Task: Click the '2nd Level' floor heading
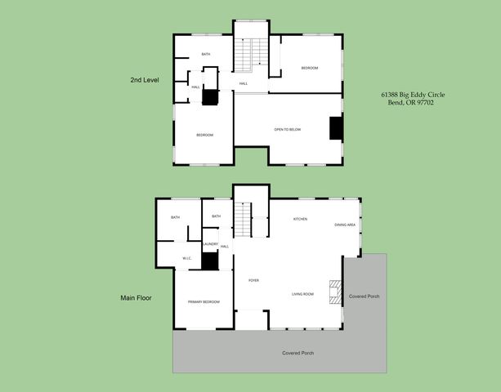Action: (144, 80)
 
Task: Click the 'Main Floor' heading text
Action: (136, 298)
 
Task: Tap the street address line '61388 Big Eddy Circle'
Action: (413, 95)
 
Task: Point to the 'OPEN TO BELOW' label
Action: (288, 129)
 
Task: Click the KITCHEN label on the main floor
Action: (300, 219)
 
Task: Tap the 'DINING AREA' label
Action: (345, 225)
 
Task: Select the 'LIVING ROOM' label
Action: (303, 294)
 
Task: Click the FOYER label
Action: (254, 280)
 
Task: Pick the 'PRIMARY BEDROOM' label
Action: (204, 302)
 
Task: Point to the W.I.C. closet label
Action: (186, 258)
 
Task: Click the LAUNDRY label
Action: (210, 243)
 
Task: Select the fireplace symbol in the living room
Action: (333, 292)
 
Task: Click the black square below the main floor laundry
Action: (211, 261)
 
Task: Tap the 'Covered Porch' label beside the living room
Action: (364, 296)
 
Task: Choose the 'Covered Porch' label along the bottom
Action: (297, 353)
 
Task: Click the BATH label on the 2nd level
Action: (206, 55)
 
